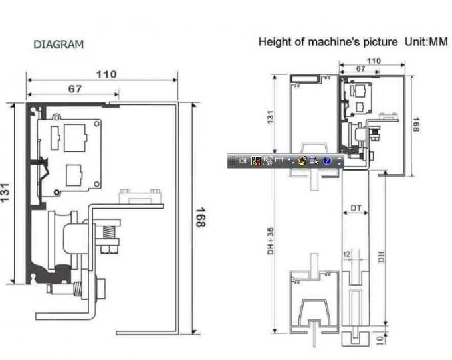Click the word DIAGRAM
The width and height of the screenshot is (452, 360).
58,45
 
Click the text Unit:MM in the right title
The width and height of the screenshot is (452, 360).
426,42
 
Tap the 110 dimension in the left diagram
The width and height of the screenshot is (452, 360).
106,74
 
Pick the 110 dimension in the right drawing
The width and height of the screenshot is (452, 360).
374,61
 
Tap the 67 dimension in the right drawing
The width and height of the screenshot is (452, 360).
360,69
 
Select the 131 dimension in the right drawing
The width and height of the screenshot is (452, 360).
270,116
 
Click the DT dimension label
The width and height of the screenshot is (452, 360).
356,209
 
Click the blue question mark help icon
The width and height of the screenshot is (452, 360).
327,161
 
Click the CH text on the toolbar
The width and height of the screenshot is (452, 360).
243,161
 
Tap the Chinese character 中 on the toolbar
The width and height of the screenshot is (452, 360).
280,161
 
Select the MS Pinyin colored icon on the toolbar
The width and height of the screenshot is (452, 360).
256,161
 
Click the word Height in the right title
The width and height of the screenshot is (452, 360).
273,42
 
